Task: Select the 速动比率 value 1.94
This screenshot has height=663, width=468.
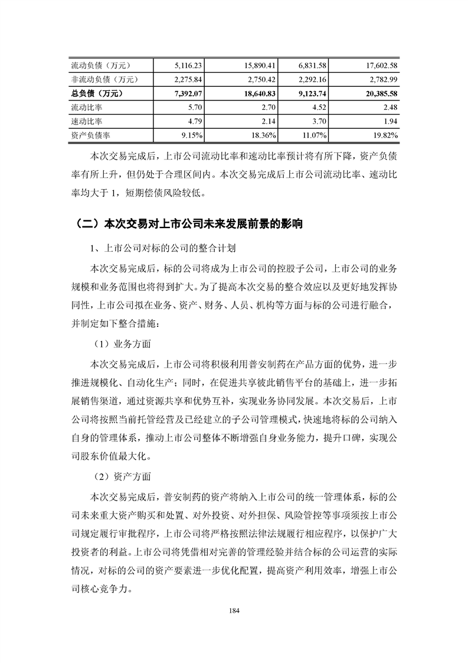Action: [390, 122]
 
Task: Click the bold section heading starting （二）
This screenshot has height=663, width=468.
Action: [189, 225]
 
